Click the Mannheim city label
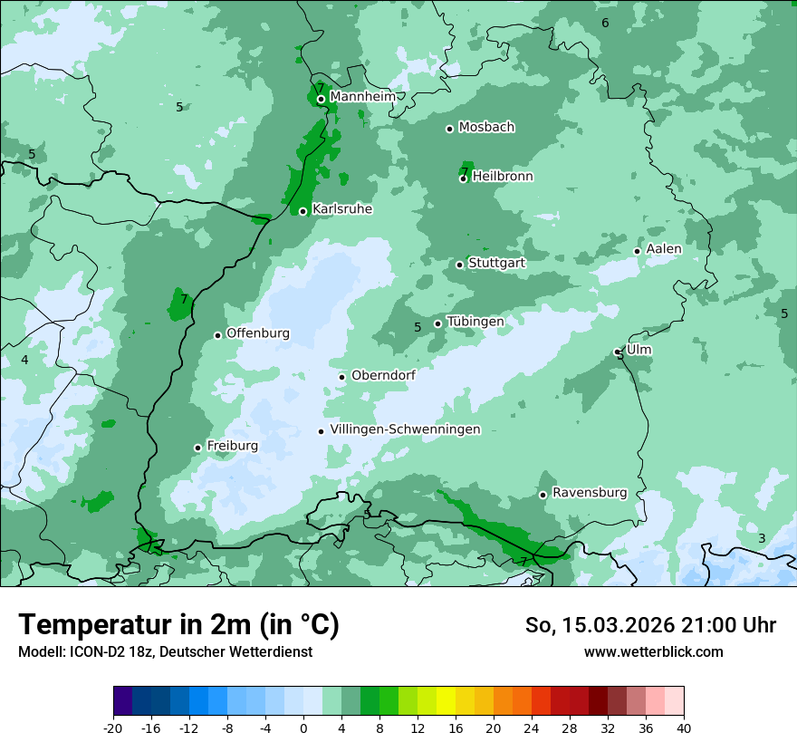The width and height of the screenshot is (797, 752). coord(363,96)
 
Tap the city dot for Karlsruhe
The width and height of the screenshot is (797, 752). coord(303,211)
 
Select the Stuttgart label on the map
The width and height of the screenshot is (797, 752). coord(496,263)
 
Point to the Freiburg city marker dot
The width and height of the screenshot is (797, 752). coord(197,448)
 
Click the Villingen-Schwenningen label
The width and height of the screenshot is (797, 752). coord(405,429)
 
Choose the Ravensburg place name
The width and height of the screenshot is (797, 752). coord(590,493)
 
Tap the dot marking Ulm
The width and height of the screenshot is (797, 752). coord(618,352)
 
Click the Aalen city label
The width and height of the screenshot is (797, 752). coord(664,249)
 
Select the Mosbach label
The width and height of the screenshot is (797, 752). coord(486,127)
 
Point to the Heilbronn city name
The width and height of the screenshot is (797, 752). coord(503,177)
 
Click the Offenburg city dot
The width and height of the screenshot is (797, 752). coord(217,335)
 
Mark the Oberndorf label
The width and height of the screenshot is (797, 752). coord(383,375)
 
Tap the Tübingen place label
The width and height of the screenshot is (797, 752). coord(475,322)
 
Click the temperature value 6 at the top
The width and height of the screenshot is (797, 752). coord(605,23)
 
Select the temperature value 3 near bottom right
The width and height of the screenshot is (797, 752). coord(762,538)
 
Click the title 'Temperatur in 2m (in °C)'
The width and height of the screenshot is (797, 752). coord(178,625)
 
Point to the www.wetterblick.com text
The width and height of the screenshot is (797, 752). coord(653,651)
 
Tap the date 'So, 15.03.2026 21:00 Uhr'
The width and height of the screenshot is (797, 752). coord(650,625)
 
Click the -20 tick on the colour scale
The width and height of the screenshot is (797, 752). coord(113,728)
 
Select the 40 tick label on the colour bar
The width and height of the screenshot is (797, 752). coord(684,728)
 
